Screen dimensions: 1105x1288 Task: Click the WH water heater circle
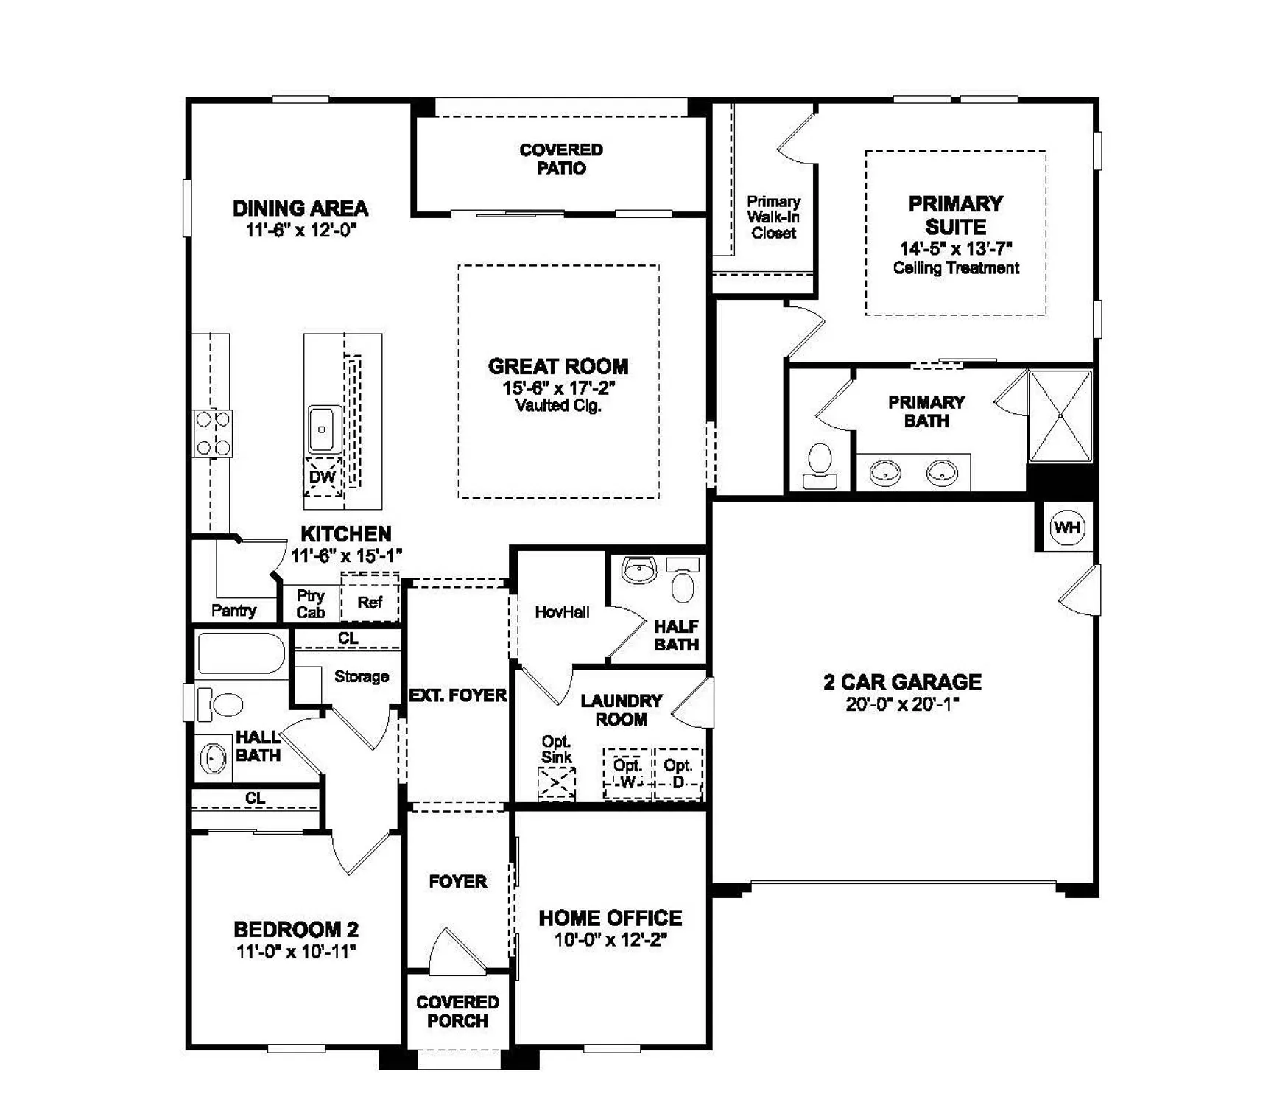pyautogui.click(x=1066, y=527)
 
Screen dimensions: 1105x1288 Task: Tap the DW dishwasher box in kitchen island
pyautogui.click(x=323, y=477)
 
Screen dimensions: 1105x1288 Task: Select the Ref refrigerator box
pyautogui.click(x=370, y=602)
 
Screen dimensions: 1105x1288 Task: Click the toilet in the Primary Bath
pyautogui.click(x=820, y=466)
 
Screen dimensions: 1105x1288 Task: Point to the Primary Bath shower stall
pyautogui.click(x=1060, y=416)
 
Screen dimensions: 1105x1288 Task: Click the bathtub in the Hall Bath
pyautogui.click(x=241, y=653)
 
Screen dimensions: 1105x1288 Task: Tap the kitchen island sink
pyautogui.click(x=323, y=429)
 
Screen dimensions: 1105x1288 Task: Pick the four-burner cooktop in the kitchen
pyautogui.click(x=213, y=433)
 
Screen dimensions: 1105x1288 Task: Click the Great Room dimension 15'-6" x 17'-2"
pyautogui.click(x=558, y=387)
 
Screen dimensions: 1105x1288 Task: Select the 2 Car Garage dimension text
pyautogui.click(x=902, y=704)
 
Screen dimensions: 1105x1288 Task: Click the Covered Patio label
pyautogui.click(x=561, y=159)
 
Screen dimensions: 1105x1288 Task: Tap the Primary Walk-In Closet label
pyautogui.click(x=773, y=217)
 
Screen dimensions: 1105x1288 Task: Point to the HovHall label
pyautogui.click(x=562, y=612)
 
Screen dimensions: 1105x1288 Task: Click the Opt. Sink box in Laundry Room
pyautogui.click(x=557, y=783)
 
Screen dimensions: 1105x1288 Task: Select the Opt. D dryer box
pyautogui.click(x=678, y=773)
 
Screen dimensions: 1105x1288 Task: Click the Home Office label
pyautogui.click(x=610, y=918)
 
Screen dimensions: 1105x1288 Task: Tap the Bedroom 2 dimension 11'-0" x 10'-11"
pyautogui.click(x=296, y=952)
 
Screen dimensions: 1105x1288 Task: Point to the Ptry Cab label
pyautogui.click(x=311, y=603)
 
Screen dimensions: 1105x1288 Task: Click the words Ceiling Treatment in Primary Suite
pyautogui.click(x=956, y=268)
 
